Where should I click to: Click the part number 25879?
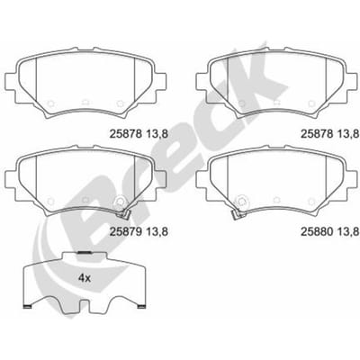coord(126,231)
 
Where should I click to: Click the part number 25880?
coord(318,231)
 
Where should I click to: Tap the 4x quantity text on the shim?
coord(85,278)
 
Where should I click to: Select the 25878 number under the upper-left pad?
coord(126,133)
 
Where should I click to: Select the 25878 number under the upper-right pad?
coord(318,133)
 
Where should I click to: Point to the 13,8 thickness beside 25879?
coord(157,231)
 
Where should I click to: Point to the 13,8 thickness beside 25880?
coord(348,231)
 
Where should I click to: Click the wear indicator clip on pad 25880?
coord(236,213)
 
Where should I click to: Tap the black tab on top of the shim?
coord(85,253)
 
